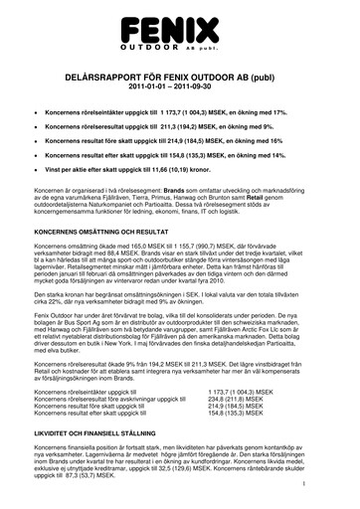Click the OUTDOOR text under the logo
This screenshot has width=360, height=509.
point(154,48)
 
